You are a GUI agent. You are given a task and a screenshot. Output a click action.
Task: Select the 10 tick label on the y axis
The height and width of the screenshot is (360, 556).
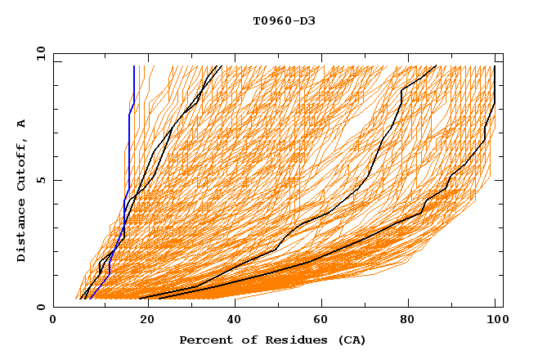coord(37,53)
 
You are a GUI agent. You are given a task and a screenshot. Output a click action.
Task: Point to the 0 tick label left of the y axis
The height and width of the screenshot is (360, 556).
coord(40,307)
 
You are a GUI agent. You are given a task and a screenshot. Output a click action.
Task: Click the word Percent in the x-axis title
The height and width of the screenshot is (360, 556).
coord(204,340)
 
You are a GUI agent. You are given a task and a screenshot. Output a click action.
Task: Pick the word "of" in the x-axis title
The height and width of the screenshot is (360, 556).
coord(242,340)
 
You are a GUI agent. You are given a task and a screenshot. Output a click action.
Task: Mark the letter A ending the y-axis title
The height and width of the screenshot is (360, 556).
coord(21,124)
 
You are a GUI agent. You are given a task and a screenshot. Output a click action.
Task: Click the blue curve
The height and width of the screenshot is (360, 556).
coord(129,147)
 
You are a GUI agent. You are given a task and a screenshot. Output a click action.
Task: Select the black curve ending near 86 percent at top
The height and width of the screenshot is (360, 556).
coord(401,98)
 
